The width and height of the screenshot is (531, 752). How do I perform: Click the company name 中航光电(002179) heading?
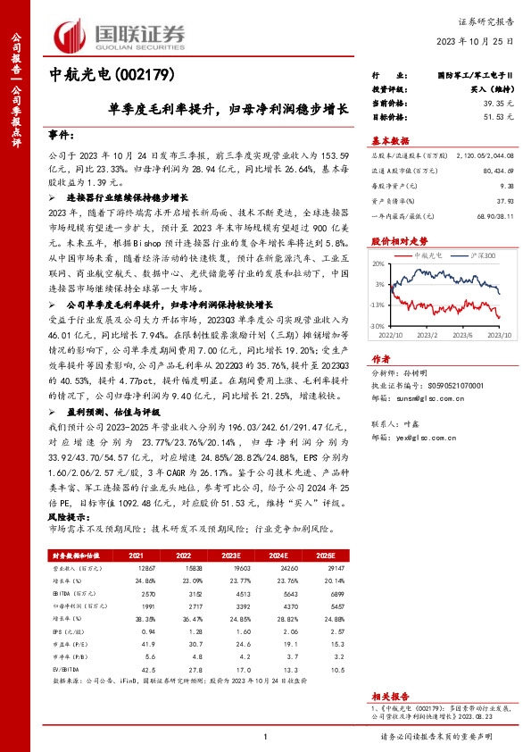point(110,75)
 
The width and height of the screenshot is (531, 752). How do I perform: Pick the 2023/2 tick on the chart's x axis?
point(424,335)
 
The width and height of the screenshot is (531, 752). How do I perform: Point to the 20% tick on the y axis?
point(378,264)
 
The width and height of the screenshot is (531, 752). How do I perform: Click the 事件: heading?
point(60,134)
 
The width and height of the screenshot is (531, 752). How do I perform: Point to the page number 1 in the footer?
point(265,736)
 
